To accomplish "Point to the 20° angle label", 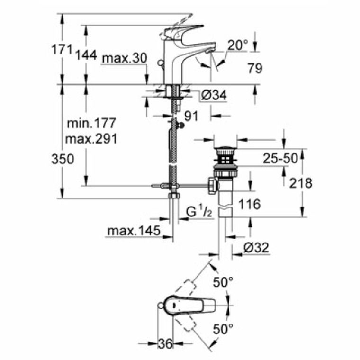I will pos(237,45).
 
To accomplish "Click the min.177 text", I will pos(90,124).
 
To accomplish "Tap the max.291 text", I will pos(90,139).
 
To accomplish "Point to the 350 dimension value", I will pos(63,159).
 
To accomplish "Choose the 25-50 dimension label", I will pos(281,159).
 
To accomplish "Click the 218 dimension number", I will pos(301,183).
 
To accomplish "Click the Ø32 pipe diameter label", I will pos(256,247).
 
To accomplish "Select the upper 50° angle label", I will pos(223,283).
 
